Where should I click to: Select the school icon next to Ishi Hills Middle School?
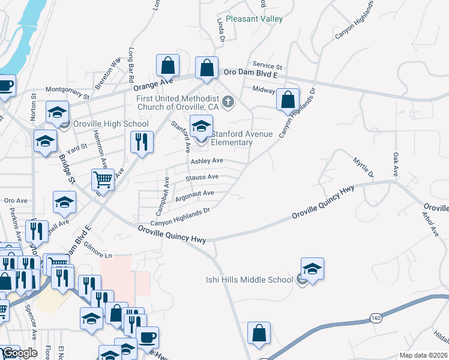[x=312, y=269]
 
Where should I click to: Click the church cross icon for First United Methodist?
[x=228, y=102]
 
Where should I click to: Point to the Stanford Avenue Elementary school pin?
[x=201, y=127]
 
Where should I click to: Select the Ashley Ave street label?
[x=207, y=161]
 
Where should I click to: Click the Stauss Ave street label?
[x=202, y=177]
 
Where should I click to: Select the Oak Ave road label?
[x=396, y=166]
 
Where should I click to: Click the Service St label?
[x=267, y=66]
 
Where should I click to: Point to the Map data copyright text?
[x=424, y=355]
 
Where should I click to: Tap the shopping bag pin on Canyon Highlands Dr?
[x=288, y=100]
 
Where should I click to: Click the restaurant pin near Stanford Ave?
[x=141, y=143]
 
